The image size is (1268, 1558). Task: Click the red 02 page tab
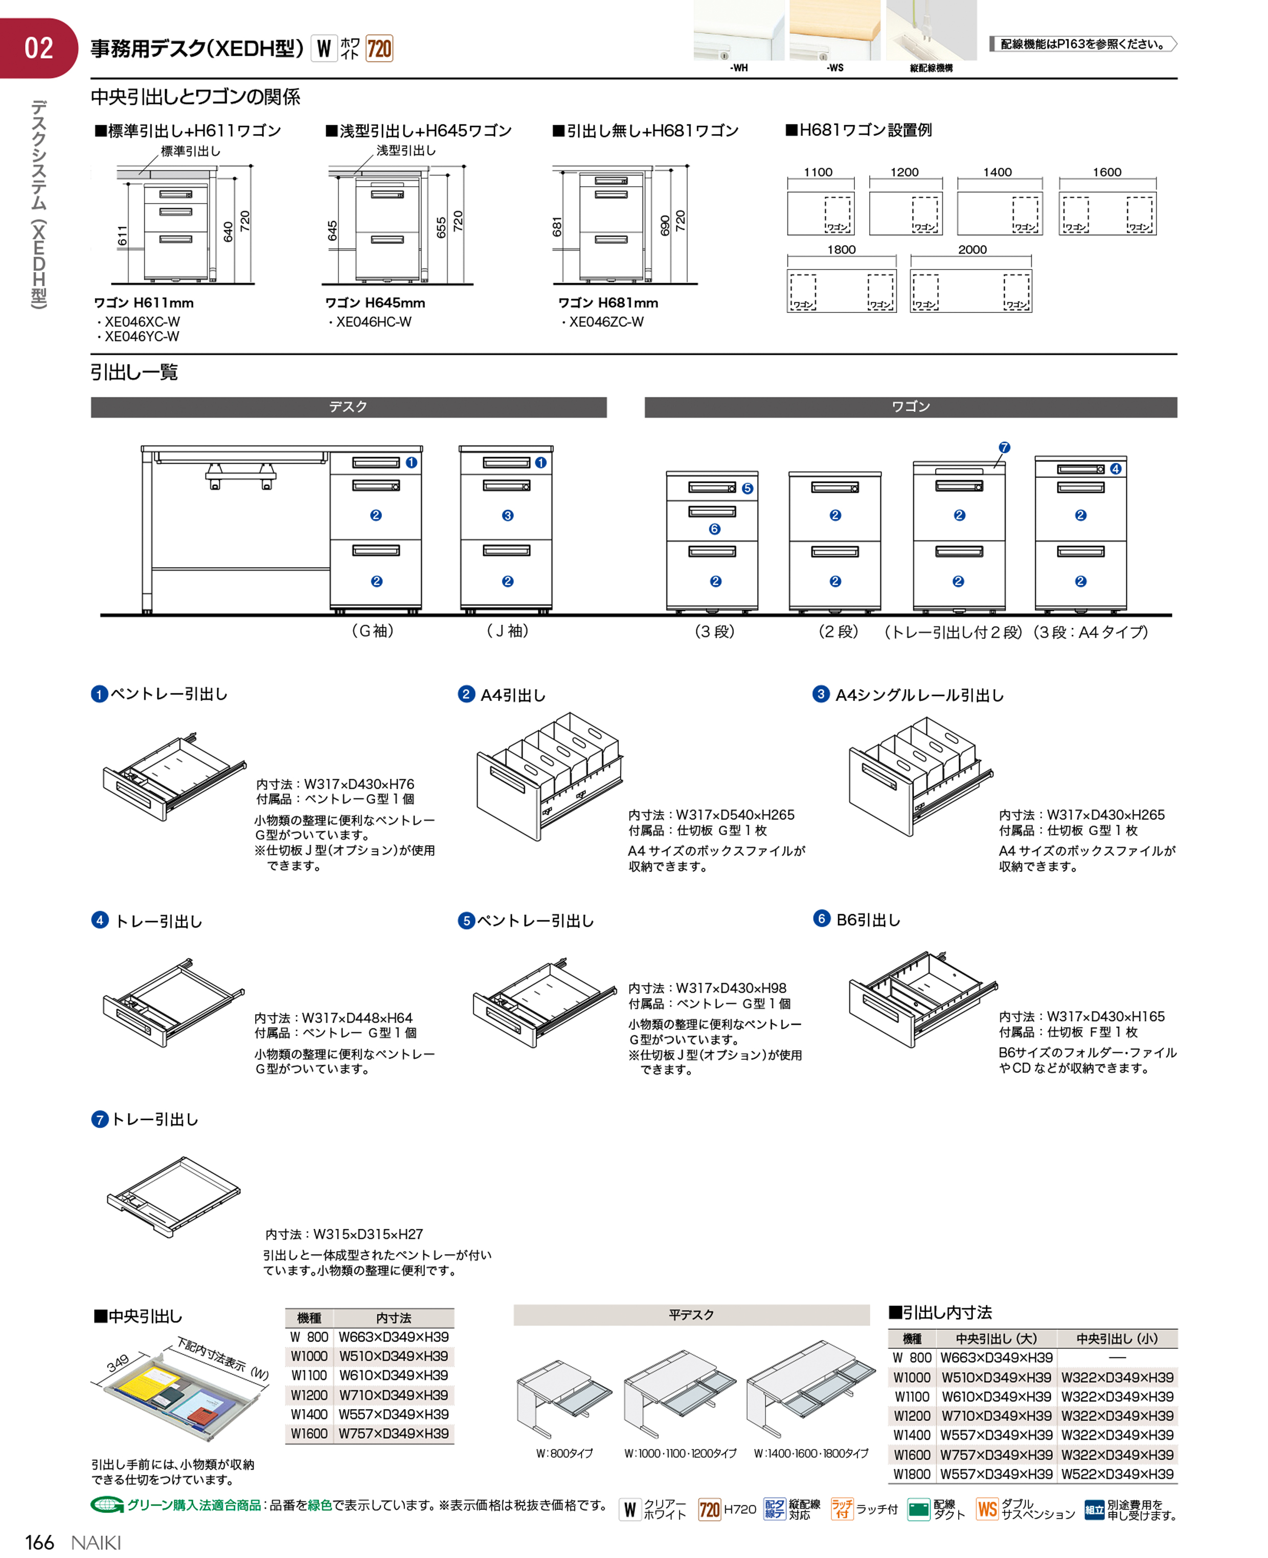[x=38, y=48]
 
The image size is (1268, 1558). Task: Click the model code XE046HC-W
[x=373, y=322]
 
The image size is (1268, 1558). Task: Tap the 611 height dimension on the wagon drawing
[x=122, y=235]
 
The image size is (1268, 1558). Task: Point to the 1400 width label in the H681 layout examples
[x=997, y=172]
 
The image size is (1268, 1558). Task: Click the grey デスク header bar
[x=348, y=407]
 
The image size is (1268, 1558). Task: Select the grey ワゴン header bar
[x=910, y=407]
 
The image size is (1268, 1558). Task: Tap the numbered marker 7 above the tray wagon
[x=1004, y=447]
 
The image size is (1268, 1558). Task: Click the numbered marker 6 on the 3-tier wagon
[x=714, y=529]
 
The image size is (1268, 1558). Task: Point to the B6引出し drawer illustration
[x=922, y=999]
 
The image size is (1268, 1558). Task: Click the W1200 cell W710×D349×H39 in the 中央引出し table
[x=394, y=1395]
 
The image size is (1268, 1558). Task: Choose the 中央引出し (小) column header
[x=1117, y=1338]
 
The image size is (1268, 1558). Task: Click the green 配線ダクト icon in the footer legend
[x=918, y=1509]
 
